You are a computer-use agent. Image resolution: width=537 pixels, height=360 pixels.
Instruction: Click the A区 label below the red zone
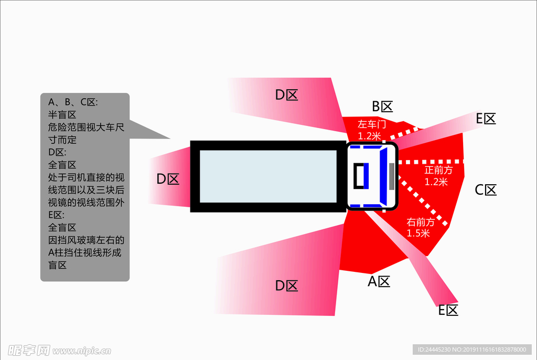click(379, 282)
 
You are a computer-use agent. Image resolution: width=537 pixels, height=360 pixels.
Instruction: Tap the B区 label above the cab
click(382, 107)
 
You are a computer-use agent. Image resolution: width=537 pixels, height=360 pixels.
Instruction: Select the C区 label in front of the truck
click(486, 190)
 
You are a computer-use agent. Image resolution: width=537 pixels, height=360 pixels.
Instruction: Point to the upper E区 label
click(486, 119)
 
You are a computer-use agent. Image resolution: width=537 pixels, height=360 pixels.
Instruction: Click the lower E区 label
click(448, 310)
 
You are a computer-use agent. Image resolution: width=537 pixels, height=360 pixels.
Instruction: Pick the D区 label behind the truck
click(168, 179)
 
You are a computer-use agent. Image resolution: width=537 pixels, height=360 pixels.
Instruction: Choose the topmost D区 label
click(287, 95)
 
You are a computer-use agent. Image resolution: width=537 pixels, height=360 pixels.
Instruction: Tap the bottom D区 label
click(287, 286)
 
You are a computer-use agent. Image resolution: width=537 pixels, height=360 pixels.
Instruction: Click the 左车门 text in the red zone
click(372, 125)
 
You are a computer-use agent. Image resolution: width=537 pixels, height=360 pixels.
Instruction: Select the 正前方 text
click(438, 171)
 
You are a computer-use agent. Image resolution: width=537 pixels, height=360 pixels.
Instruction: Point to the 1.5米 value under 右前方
click(418, 234)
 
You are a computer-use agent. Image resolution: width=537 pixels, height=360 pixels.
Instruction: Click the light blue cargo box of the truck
click(268, 176)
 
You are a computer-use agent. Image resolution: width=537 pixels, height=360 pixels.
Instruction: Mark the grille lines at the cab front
click(392, 176)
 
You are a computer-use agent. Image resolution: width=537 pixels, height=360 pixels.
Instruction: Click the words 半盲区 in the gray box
click(62, 114)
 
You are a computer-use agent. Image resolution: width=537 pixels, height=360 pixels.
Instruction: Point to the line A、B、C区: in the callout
click(73, 102)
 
